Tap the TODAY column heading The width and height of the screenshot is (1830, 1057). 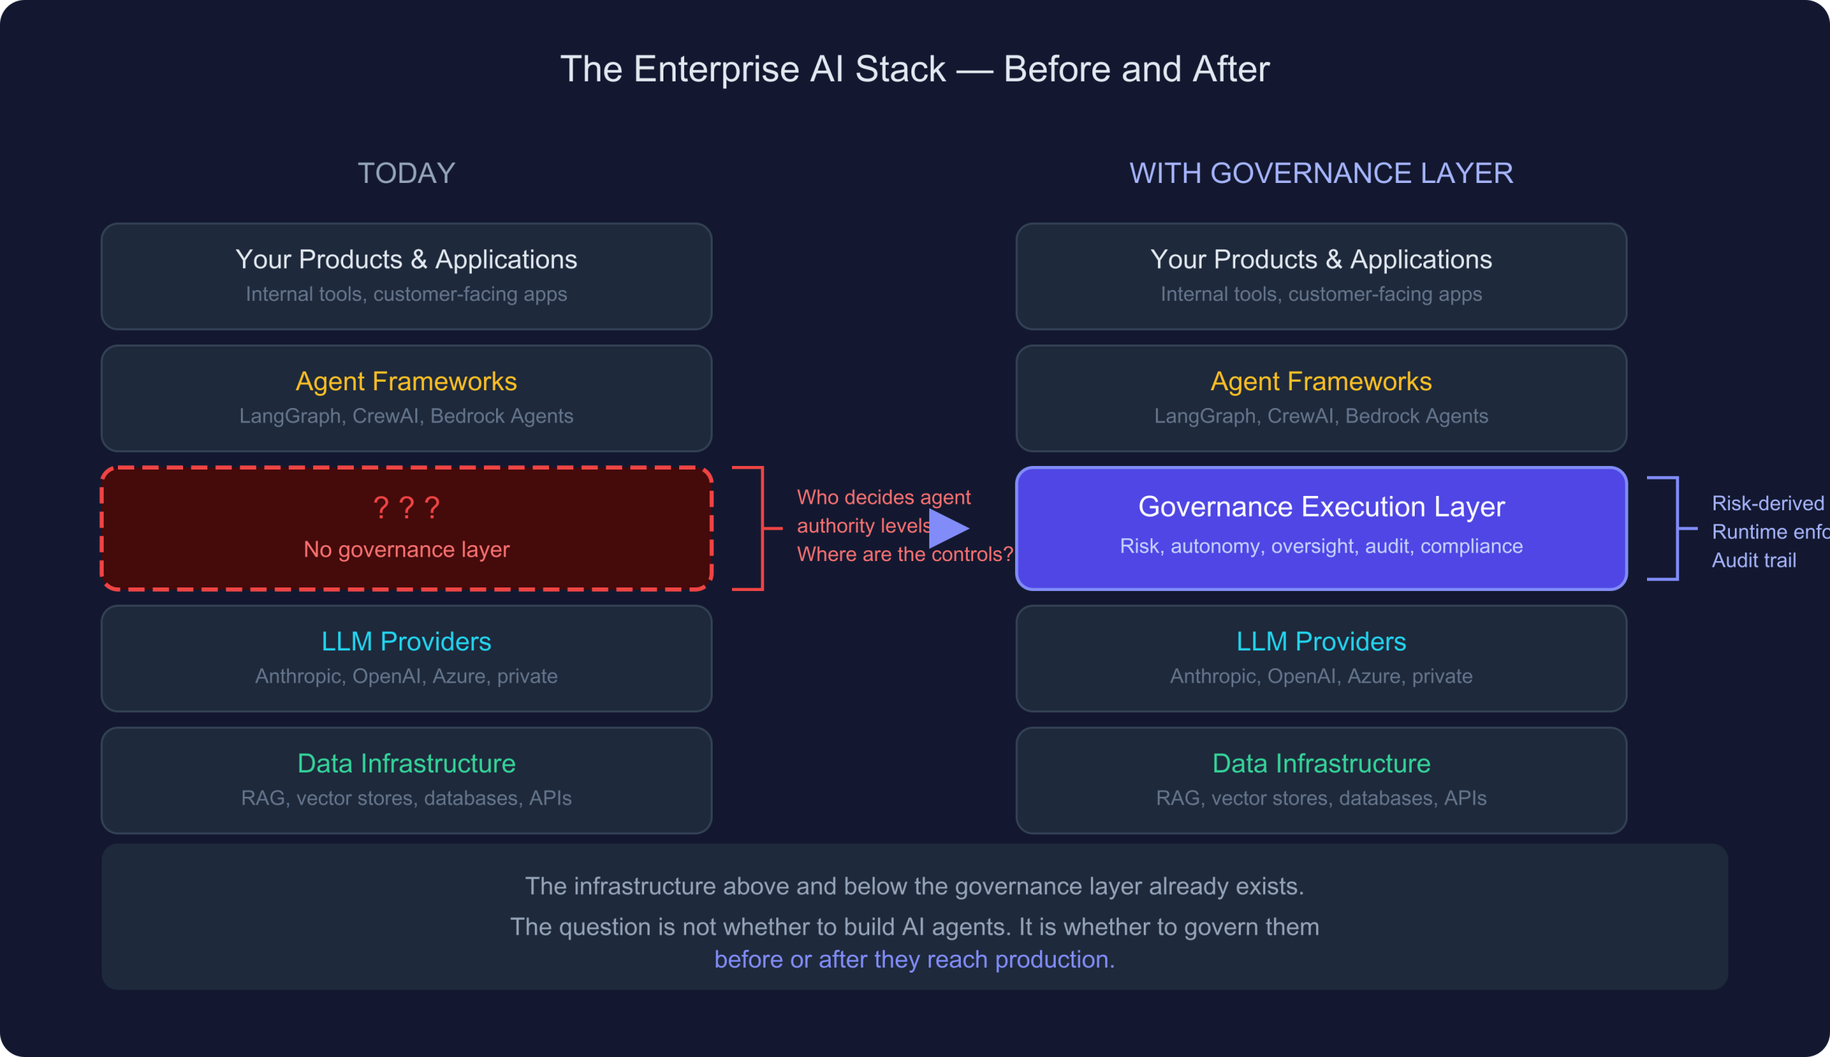407,174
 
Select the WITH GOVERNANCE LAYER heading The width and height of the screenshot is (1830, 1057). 1321,174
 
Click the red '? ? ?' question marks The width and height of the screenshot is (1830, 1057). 407,507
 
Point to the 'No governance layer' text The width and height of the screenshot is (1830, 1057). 407,550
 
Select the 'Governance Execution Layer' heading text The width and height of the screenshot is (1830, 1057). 1321,507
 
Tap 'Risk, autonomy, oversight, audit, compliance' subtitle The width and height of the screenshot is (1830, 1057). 1321,546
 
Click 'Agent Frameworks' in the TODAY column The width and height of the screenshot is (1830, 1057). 407,382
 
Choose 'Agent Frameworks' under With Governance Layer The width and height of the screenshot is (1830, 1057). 1321,382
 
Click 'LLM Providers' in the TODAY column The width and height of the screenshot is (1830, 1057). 407,642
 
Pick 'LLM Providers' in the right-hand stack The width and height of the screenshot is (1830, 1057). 1321,642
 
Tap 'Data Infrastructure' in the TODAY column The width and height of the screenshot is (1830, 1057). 407,764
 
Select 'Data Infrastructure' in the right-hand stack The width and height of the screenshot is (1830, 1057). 1321,764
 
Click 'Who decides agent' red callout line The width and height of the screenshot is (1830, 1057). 884,497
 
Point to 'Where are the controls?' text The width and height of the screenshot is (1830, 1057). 904,555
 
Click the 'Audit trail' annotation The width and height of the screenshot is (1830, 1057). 1754,560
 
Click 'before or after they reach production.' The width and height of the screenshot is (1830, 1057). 914,960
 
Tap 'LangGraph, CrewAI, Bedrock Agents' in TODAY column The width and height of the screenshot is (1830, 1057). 407,416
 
